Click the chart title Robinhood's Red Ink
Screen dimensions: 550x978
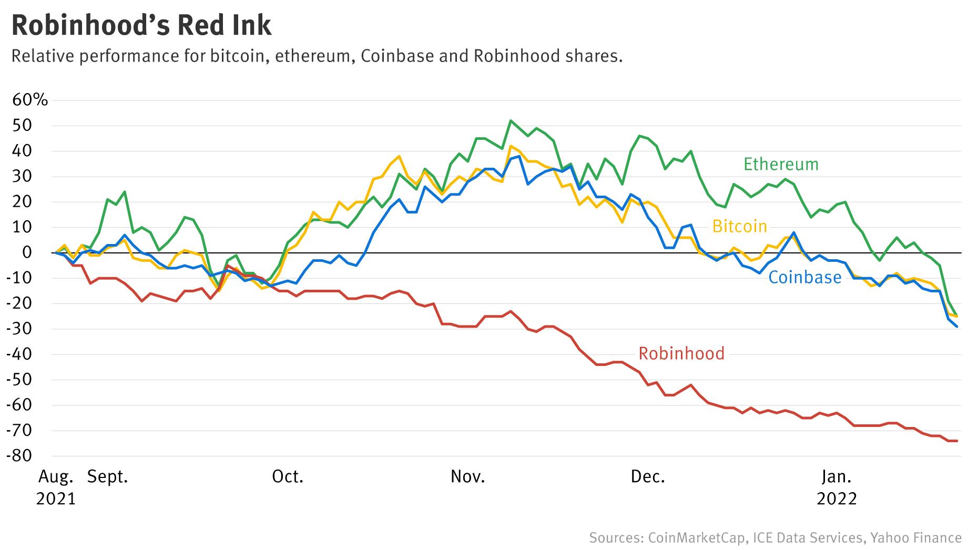[141, 25]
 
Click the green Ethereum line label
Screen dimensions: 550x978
[781, 165]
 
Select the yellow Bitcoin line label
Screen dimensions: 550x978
[739, 227]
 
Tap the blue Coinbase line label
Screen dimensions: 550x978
[804, 278]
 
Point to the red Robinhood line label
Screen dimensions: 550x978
[681, 353]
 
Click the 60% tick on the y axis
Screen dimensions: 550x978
[30, 100]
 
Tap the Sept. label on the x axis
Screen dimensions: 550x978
[107, 477]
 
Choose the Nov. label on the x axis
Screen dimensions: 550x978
[467, 477]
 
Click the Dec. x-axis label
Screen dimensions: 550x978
[648, 477]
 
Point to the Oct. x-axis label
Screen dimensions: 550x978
[288, 477]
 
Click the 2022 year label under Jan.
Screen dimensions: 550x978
[837, 498]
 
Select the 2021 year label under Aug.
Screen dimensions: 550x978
[56, 498]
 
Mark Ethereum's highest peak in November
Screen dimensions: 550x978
[511, 120]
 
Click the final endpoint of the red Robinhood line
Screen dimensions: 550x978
[956, 441]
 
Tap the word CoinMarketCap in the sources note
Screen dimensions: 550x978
[696, 538]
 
